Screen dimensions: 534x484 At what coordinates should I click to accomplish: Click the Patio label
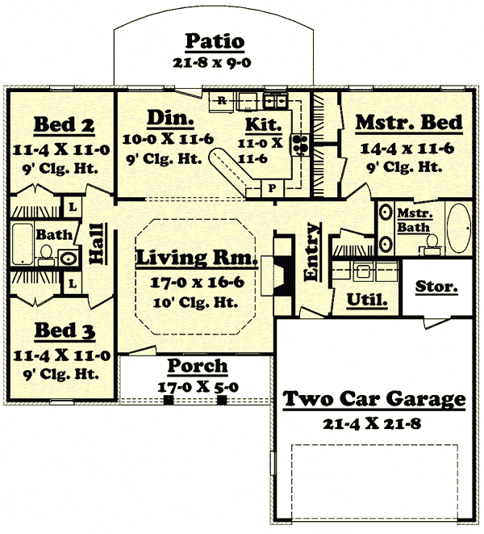click(215, 41)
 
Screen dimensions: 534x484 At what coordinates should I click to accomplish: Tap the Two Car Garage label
click(374, 399)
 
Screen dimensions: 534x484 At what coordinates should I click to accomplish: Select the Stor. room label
click(436, 287)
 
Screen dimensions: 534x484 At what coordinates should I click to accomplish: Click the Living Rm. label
click(196, 259)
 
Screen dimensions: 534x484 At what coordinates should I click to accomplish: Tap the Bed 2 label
click(64, 125)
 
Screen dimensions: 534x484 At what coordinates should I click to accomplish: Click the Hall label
click(95, 242)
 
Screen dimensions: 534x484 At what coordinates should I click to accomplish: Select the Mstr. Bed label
click(409, 123)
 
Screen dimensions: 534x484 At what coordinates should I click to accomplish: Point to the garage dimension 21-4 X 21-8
click(374, 422)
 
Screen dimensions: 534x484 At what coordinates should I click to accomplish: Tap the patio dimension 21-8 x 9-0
click(215, 62)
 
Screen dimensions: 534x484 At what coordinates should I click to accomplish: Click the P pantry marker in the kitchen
click(272, 187)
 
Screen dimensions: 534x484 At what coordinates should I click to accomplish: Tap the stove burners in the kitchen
click(302, 145)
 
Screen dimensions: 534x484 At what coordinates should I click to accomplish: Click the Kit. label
click(264, 125)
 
